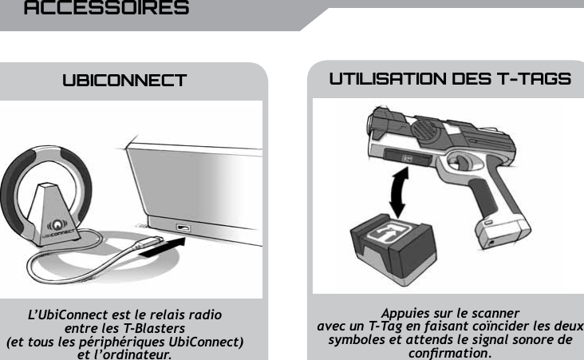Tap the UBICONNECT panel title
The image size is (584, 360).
point(124,81)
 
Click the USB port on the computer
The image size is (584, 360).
point(183,230)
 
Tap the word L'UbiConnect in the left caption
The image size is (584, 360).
point(67,315)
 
